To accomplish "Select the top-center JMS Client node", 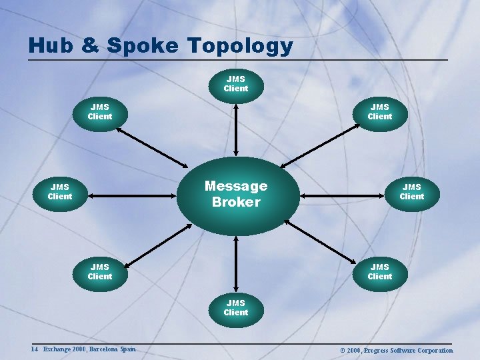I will click(x=235, y=84).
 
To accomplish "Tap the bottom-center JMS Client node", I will click(x=235, y=308).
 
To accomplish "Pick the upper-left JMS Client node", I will click(x=100, y=111).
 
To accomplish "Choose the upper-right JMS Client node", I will click(x=379, y=111).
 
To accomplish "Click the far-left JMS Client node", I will click(x=60, y=192).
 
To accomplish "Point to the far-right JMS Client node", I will click(x=411, y=192).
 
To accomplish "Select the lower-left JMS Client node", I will click(x=100, y=272).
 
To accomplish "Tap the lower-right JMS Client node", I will click(x=379, y=272).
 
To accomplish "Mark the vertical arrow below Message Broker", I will click(x=235, y=263).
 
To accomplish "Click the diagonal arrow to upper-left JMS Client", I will click(x=153, y=146).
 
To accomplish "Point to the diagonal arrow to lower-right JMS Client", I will click(x=323, y=241).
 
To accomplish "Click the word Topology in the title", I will click(x=240, y=47).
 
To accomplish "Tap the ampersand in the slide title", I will click(x=87, y=46).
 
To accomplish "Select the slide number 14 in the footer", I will click(x=34, y=349).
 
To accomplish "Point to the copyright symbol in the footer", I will click(x=342, y=350).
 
